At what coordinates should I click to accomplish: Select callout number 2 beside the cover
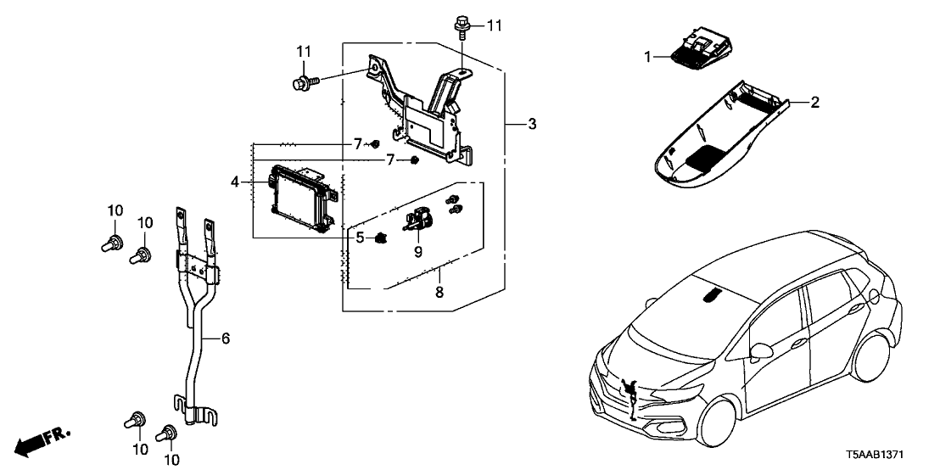(x=814, y=103)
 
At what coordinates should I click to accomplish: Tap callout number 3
(x=532, y=125)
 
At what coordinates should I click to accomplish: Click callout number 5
(x=360, y=238)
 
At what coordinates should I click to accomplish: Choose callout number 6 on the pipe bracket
(x=226, y=339)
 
